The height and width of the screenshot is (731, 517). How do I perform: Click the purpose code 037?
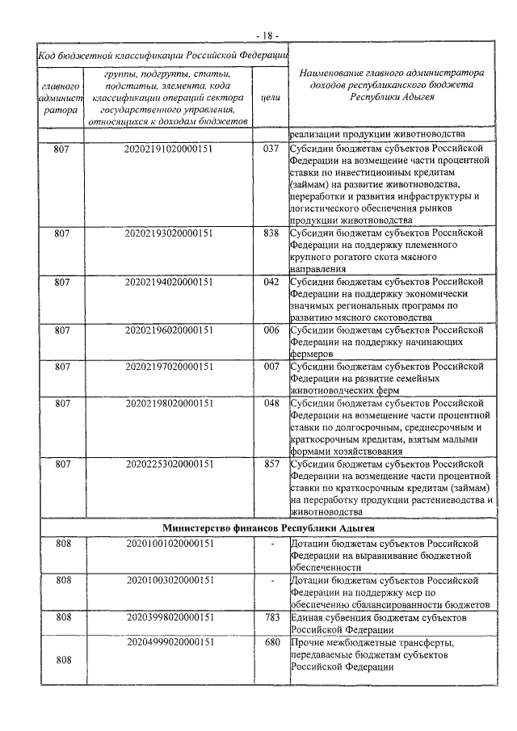271,149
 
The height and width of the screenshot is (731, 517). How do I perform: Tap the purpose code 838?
271,233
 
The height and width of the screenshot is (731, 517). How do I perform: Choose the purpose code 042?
271,281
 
